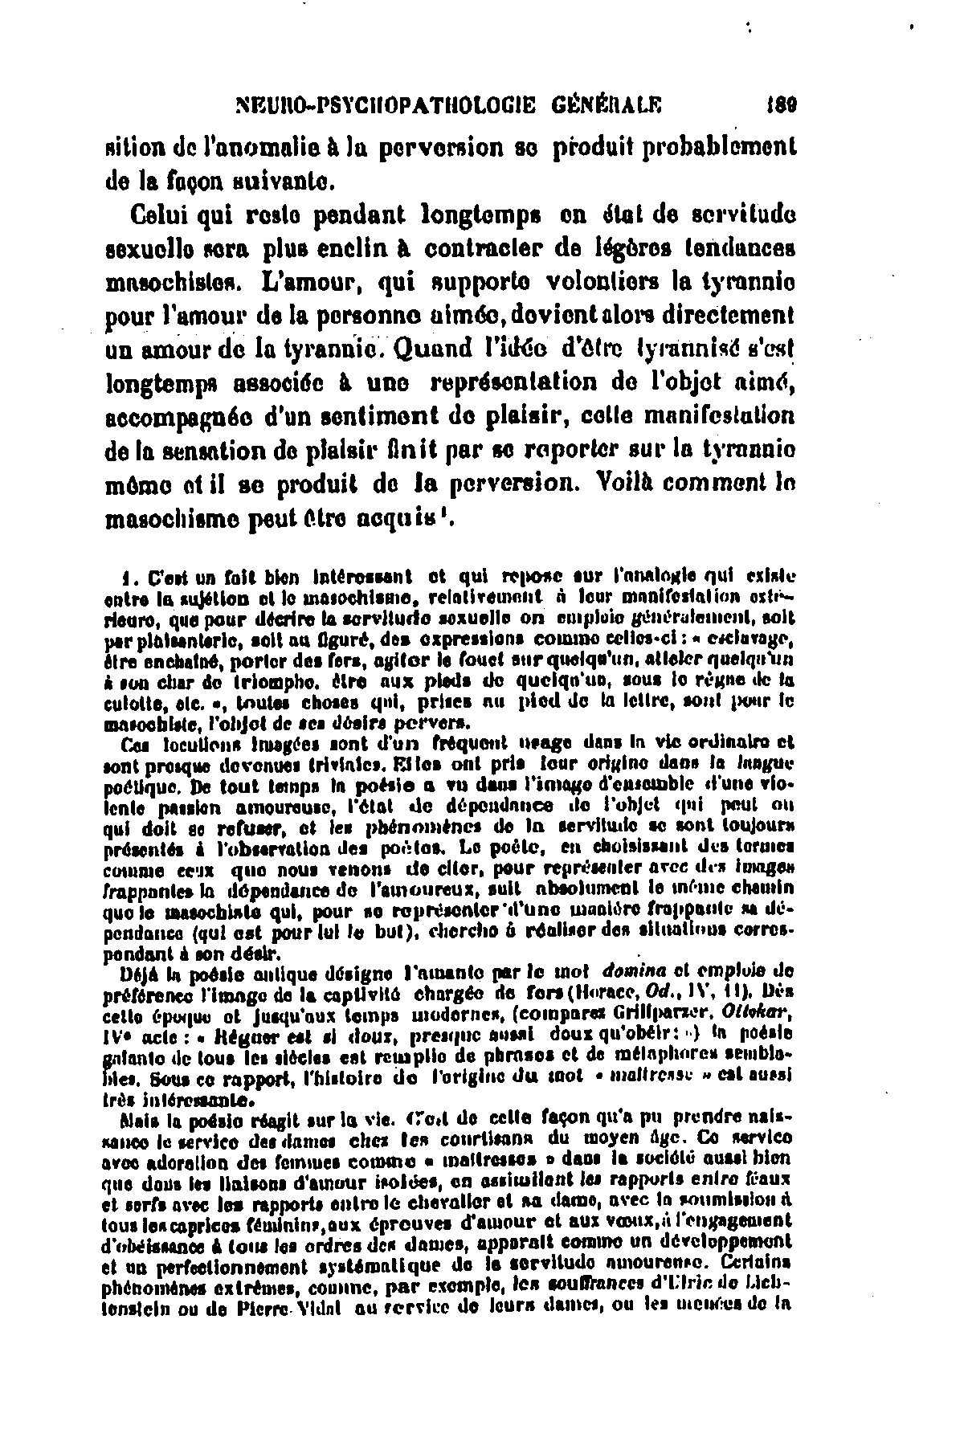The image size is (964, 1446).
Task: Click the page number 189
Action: coord(777,104)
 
